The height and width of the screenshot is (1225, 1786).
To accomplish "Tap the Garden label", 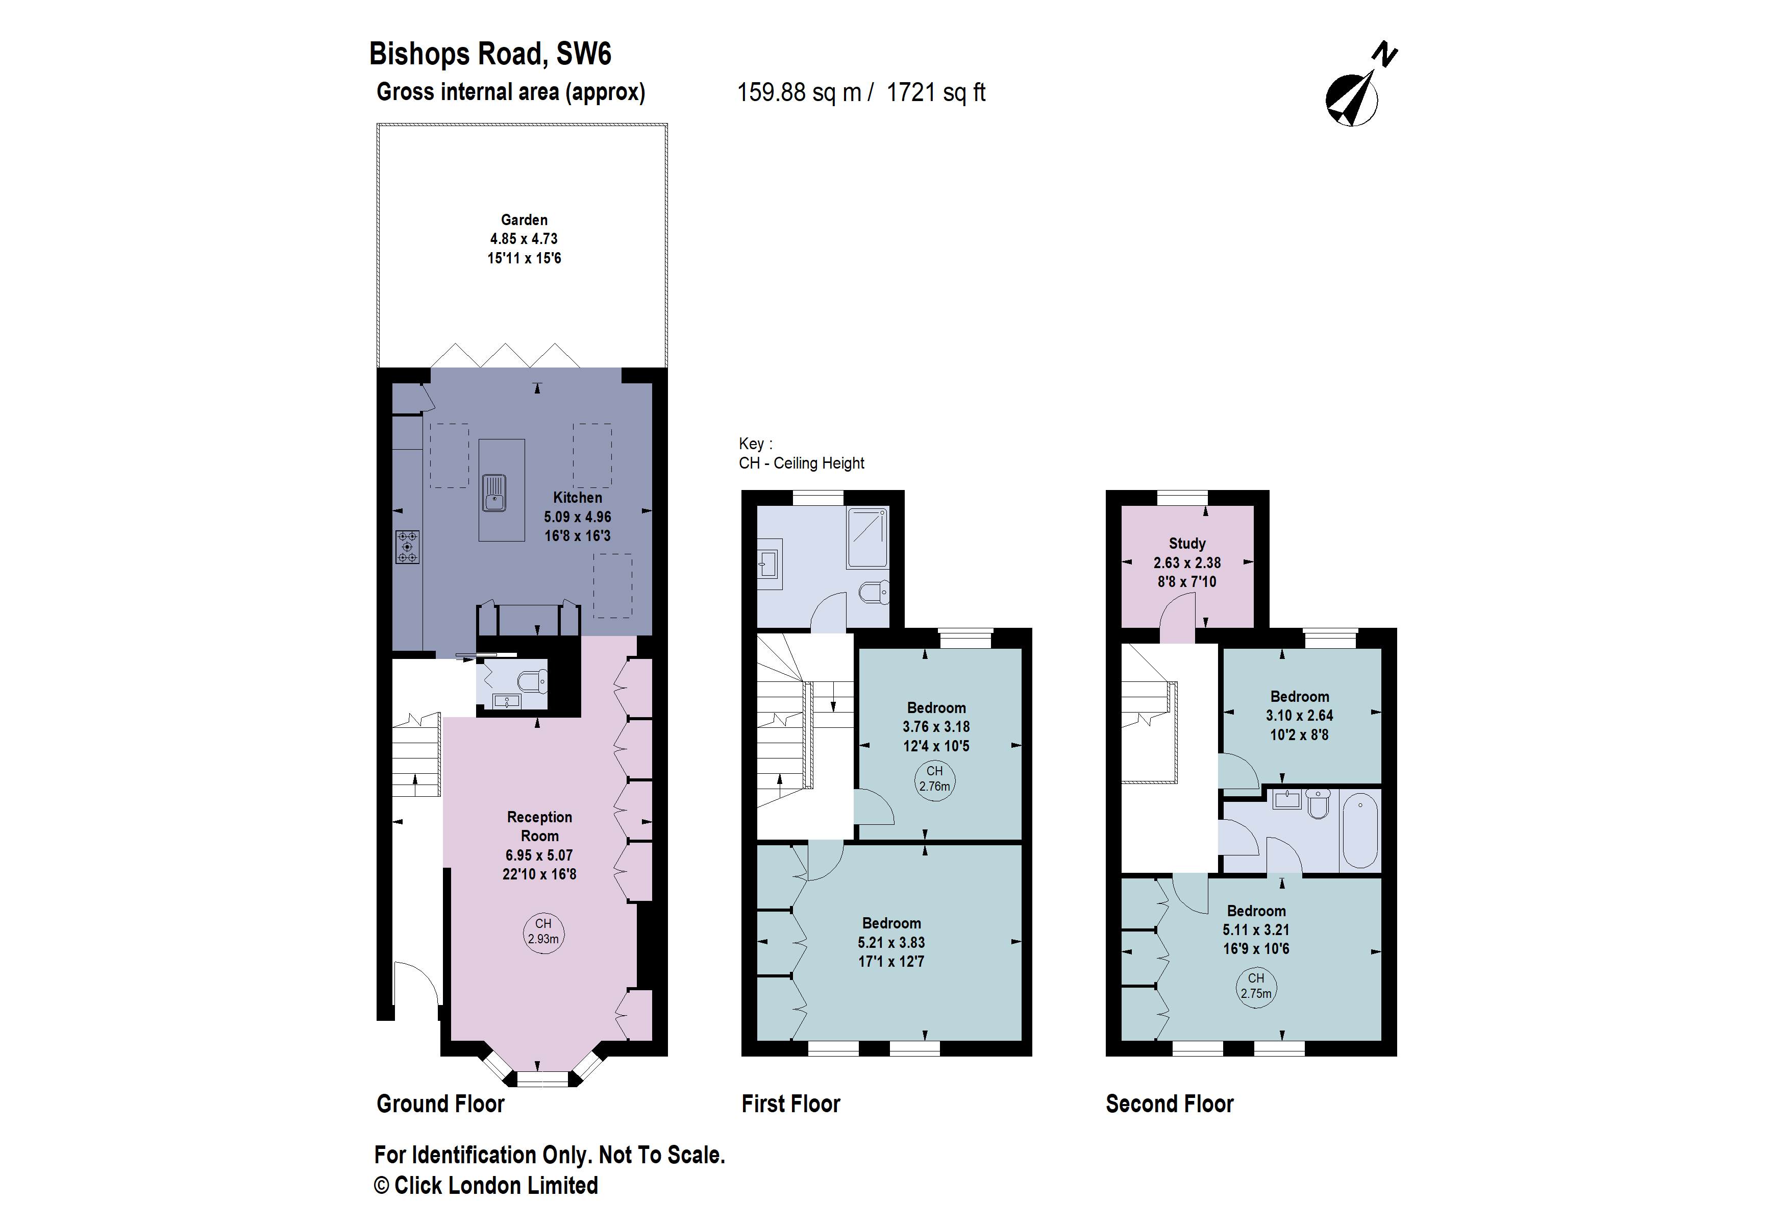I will coord(524,220).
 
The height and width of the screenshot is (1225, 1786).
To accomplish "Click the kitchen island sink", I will coord(494,493).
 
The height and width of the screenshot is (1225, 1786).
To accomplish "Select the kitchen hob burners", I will coord(407,547).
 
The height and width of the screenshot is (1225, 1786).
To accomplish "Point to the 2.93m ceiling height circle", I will coord(543,932).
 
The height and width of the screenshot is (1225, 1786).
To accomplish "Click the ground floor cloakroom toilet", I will coord(532,681).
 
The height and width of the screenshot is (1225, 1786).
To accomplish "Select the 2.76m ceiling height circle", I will coord(934,779).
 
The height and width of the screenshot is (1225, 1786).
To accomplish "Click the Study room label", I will coord(1186,543).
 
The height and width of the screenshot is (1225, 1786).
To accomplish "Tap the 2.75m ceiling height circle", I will coord(1256,986).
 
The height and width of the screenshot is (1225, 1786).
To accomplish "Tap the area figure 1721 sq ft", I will coord(935,93).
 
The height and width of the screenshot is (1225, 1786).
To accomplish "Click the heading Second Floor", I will coord(1169,1104).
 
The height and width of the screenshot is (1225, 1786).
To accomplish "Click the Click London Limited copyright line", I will coord(486,1186).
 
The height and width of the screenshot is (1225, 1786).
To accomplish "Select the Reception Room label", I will coord(539,826).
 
